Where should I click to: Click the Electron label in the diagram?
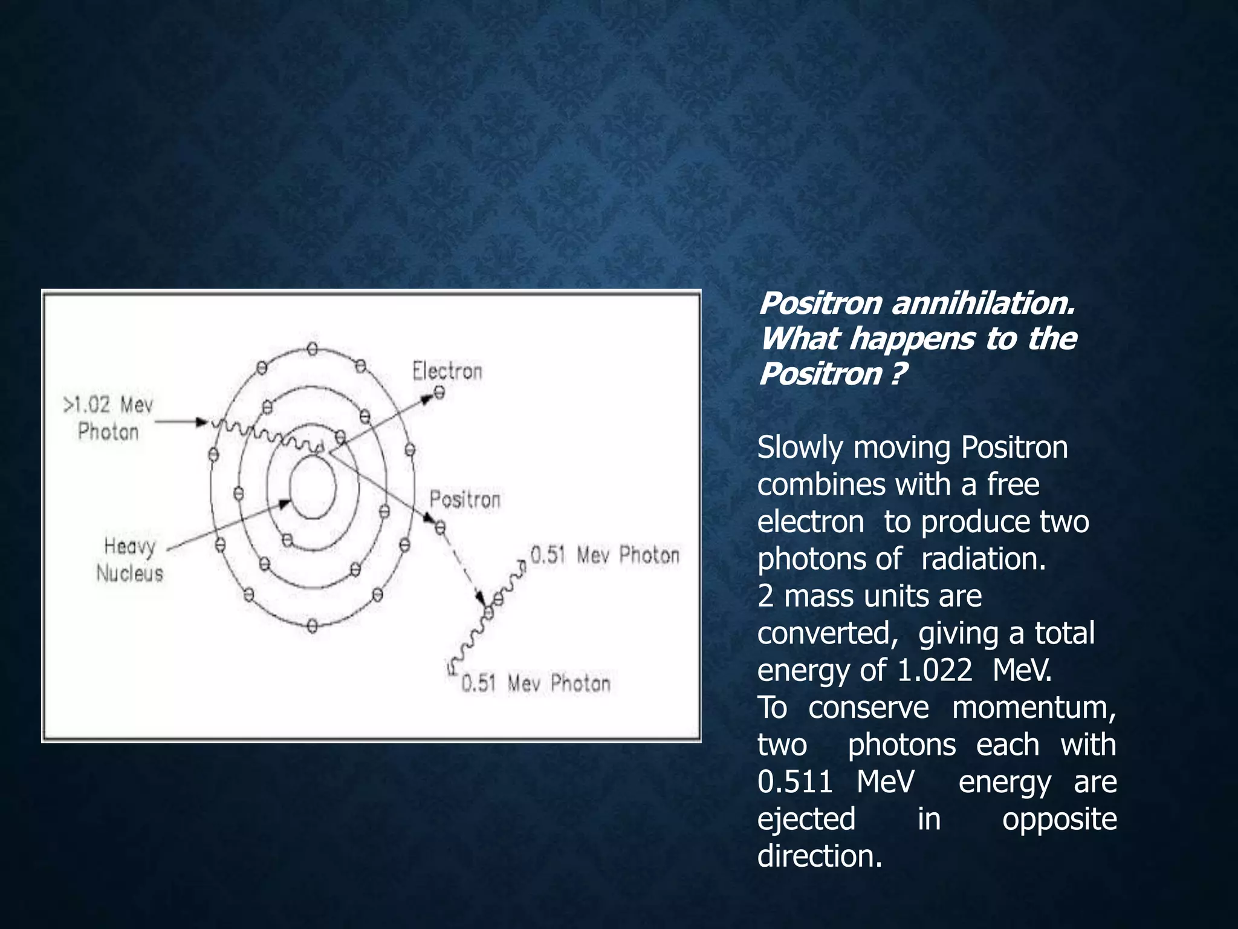[447, 371]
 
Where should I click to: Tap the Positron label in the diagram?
[465, 500]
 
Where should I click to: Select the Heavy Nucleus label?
[129, 559]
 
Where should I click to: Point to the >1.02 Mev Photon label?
[109, 418]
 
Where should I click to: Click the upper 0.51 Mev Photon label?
[604, 555]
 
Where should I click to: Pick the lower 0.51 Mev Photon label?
[536, 683]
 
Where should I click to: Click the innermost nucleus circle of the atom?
[313, 487]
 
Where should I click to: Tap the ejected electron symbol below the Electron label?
[439, 393]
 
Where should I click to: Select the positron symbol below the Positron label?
[440, 528]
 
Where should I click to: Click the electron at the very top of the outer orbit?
[313, 349]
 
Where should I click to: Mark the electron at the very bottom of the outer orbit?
[313, 625]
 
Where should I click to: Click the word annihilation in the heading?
[984, 303]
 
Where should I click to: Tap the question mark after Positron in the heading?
[898, 374]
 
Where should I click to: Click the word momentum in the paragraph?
[1034, 708]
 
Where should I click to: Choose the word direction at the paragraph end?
[820, 856]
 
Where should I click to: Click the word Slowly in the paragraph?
[800, 448]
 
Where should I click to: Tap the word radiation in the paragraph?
[983, 559]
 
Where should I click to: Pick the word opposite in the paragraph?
[1059, 819]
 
